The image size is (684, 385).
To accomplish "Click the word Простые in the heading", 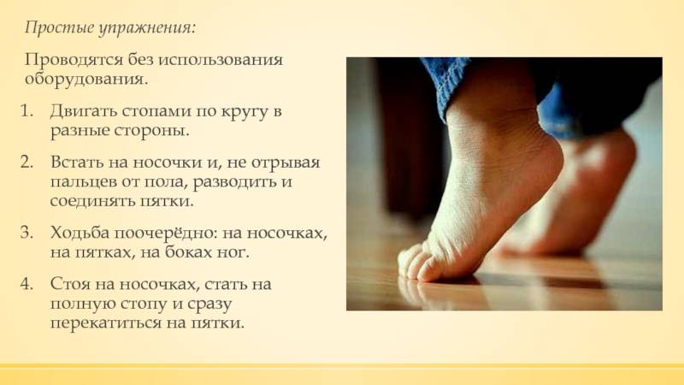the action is coord(59,28).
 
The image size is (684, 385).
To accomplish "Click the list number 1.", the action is coord(27,111).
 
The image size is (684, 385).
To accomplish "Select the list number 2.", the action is coord(27,162).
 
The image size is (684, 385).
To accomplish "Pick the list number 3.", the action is coord(27,232).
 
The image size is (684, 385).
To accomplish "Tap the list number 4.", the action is coord(27,284).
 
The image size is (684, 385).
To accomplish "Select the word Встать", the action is coord(76,162).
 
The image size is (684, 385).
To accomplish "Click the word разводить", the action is coord(236,181).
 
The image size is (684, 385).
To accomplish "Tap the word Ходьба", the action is coord(80,232).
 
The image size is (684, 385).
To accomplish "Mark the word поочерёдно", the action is coord(166,233).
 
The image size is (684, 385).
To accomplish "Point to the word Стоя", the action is coord(69,284).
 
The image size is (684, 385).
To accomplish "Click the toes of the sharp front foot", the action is coord(420,264).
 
